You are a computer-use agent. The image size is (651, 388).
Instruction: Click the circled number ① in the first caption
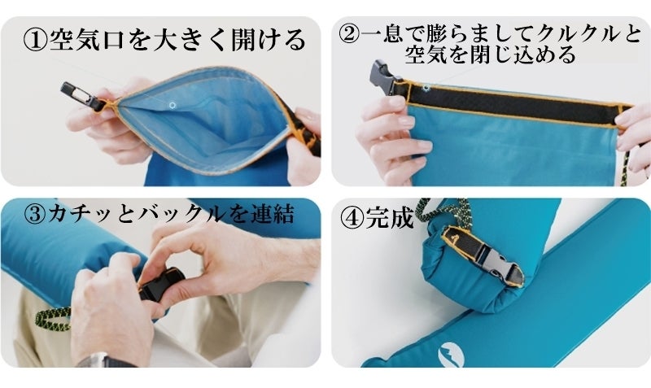pyautogui.click(x=36, y=40)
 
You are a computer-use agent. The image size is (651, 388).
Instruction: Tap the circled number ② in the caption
pyautogui.click(x=351, y=33)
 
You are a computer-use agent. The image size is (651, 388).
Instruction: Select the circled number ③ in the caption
pyautogui.click(x=35, y=215)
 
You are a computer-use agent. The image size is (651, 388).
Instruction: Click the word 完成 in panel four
pyautogui.click(x=389, y=217)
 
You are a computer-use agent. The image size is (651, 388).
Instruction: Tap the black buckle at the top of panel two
pyautogui.click(x=384, y=78)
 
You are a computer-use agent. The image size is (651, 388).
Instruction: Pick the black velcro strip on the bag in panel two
pyautogui.click(x=511, y=104)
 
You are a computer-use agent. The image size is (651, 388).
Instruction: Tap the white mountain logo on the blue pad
pyautogui.click(x=451, y=355)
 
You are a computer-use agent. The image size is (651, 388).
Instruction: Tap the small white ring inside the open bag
pyautogui.click(x=172, y=106)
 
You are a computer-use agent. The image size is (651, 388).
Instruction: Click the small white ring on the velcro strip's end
pyautogui.click(x=426, y=88)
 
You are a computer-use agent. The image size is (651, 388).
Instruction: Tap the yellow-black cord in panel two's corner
pyautogui.click(x=624, y=168)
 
